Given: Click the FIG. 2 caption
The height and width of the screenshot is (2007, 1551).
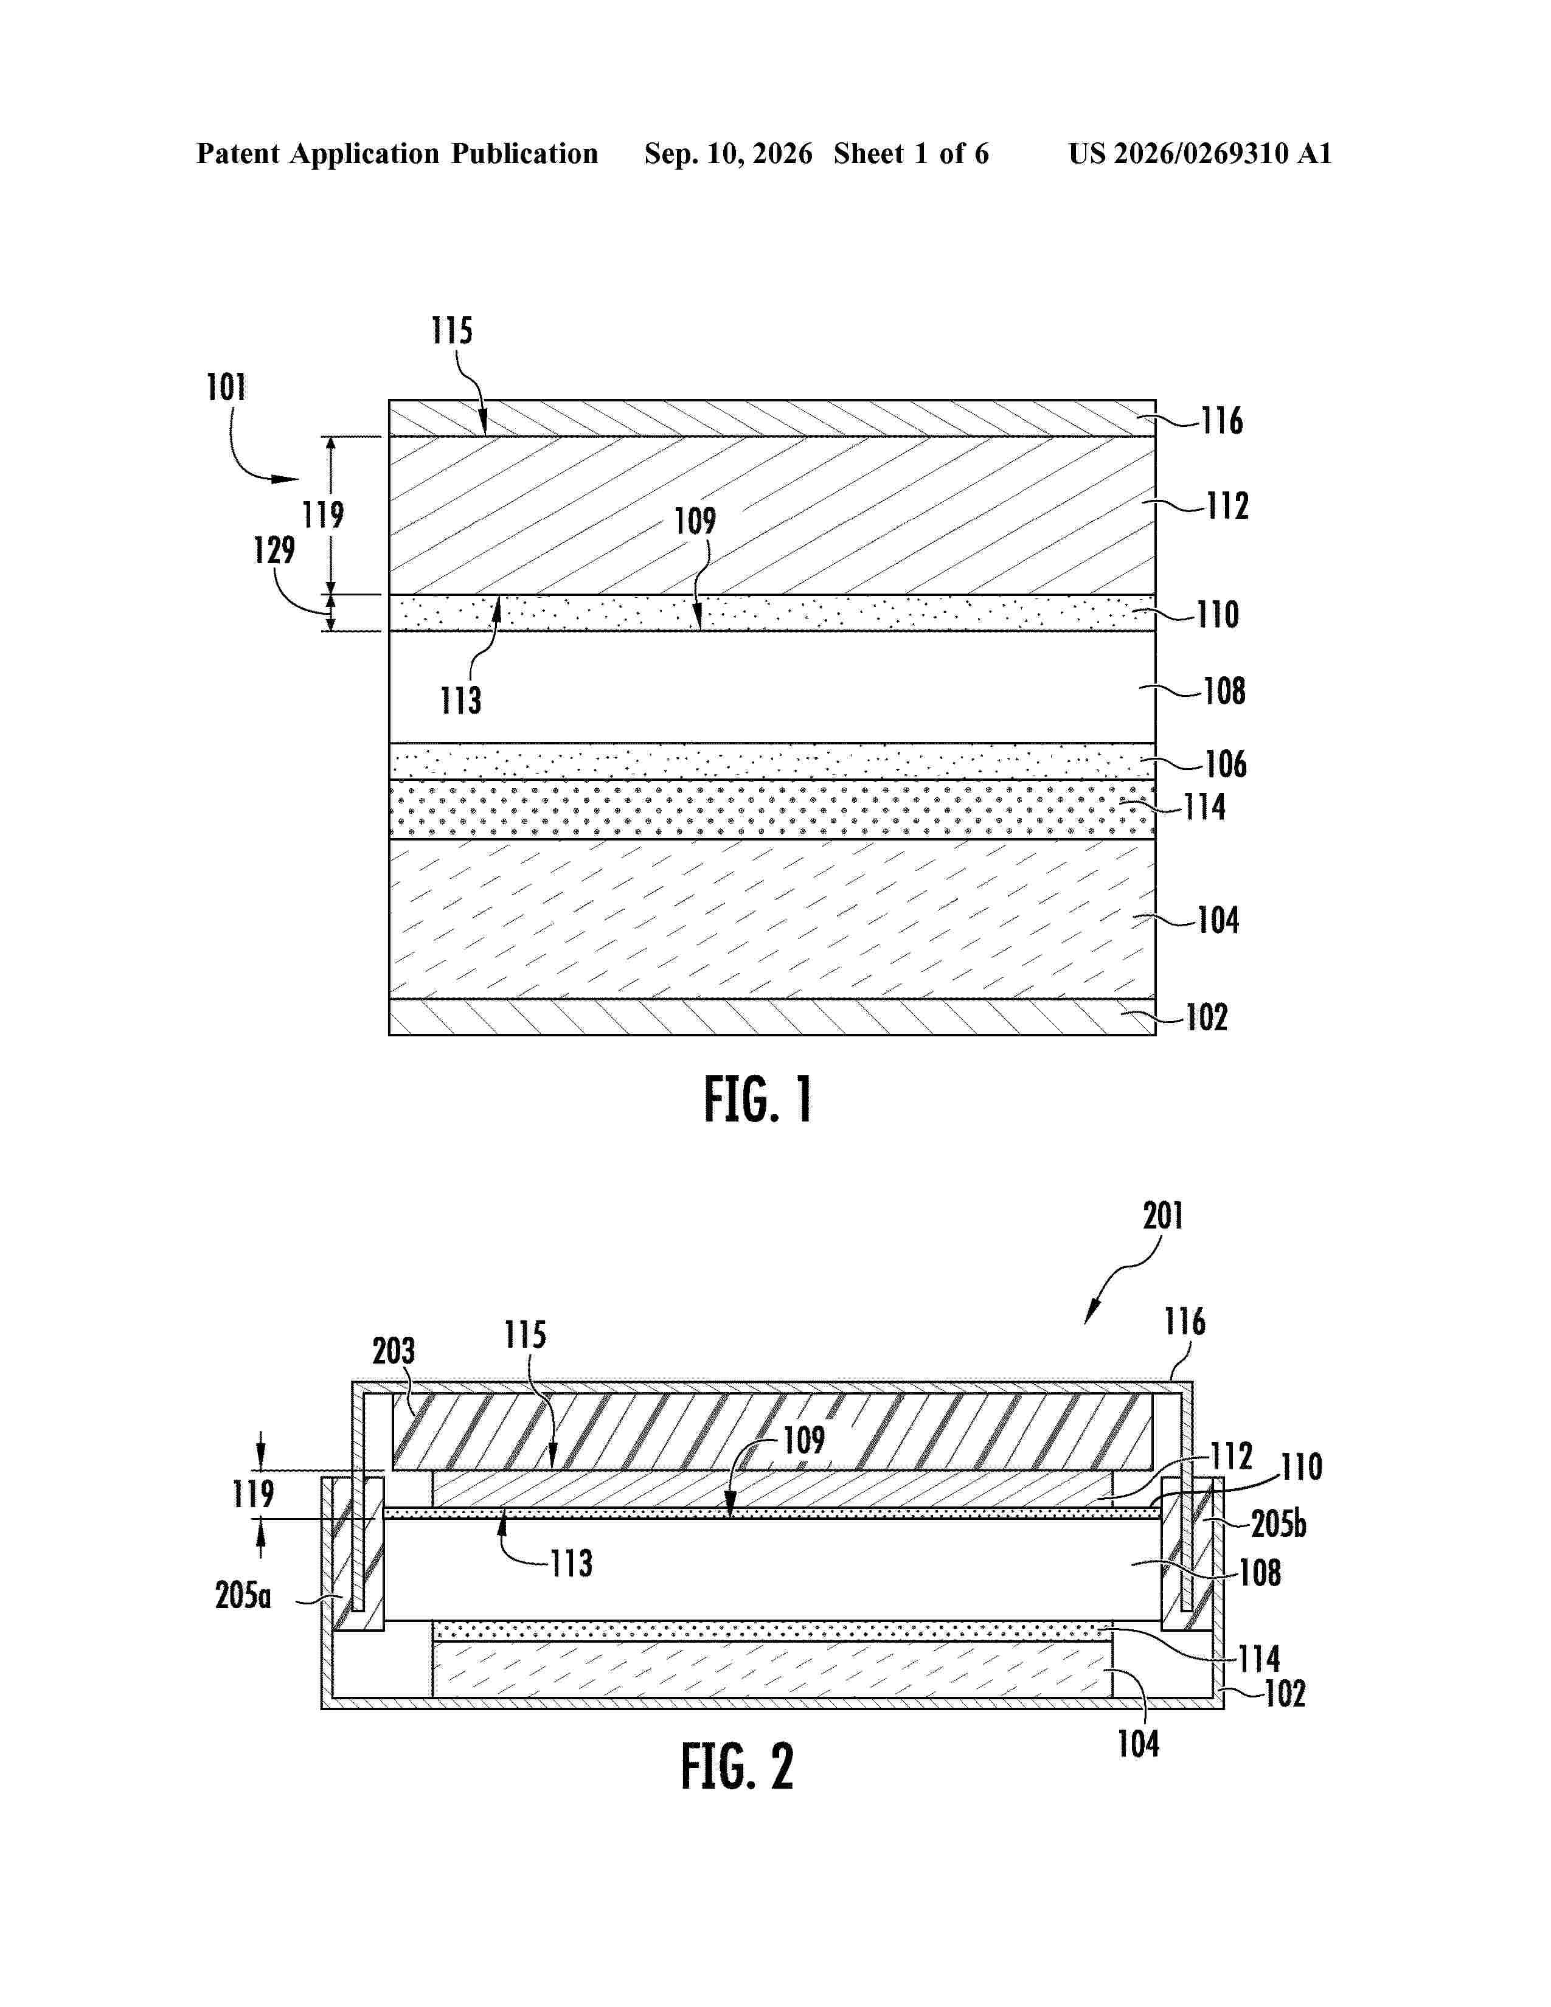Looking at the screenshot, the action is (x=737, y=1766).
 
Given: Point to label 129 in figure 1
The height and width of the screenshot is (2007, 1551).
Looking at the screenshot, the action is (x=274, y=550).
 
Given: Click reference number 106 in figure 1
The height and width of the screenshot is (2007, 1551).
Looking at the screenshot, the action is (x=1226, y=764).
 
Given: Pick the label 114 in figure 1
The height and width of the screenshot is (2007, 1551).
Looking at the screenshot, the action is (x=1204, y=807).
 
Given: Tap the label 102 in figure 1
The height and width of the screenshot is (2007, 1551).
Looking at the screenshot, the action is (x=1207, y=1017).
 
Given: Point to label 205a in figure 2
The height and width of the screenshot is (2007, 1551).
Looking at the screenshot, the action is (x=243, y=1595).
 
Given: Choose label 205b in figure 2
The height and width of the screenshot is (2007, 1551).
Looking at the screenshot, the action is (x=1278, y=1525).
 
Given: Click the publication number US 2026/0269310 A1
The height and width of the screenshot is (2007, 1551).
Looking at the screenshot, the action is (x=1200, y=153).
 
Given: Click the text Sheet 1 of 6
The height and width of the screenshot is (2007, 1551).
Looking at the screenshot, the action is (x=912, y=153).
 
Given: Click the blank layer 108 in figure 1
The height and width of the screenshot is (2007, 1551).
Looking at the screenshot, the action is (x=772, y=687).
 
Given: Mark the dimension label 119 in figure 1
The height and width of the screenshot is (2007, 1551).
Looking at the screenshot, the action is (x=324, y=515).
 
